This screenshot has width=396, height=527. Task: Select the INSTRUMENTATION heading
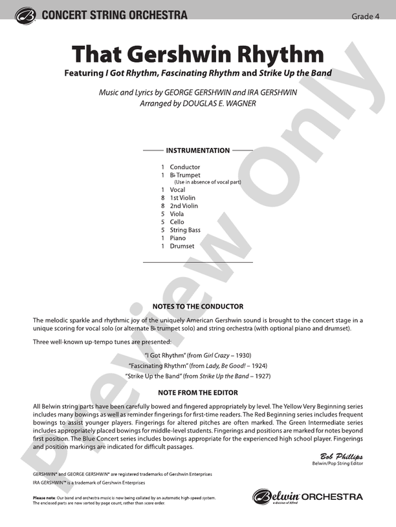197,150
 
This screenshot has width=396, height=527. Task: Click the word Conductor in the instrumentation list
185,167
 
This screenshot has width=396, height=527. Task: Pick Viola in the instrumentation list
177,214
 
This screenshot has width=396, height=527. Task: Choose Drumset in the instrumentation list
182,246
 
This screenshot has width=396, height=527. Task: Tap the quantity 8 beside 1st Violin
162,198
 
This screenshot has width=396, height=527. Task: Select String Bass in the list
185,230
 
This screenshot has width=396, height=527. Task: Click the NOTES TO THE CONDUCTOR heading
197,307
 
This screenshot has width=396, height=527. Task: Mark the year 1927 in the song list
262,376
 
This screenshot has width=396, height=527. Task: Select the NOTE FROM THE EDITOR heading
197,393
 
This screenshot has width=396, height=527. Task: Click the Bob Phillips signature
342,457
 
